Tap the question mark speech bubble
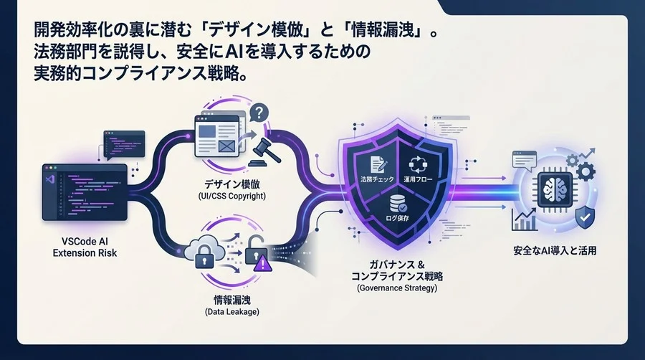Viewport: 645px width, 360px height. [x=259, y=113]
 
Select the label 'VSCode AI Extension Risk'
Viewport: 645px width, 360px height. [x=85, y=247]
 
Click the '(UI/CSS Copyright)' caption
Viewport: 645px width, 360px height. [x=232, y=196]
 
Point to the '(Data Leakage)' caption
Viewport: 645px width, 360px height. [x=232, y=312]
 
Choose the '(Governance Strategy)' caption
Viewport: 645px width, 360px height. [x=397, y=288]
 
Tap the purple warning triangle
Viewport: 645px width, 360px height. [x=263, y=263]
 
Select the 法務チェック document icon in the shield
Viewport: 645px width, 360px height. [x=378, y=164]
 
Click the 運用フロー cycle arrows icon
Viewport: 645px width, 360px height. [x=418, y=164]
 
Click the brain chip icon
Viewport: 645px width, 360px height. [x=555, y=189]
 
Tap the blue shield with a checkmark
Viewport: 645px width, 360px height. [x=585, y=217]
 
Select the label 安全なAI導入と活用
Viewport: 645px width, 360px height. [x=555, y=250]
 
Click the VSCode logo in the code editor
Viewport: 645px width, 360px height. [x=49, y=179]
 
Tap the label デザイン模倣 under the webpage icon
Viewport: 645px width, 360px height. [x=232, y=184]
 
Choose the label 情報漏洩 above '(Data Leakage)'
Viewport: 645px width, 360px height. [x=232, y=300]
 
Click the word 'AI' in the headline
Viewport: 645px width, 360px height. [x=235, y=52]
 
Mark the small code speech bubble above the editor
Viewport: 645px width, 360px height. [x=124, y=145]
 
